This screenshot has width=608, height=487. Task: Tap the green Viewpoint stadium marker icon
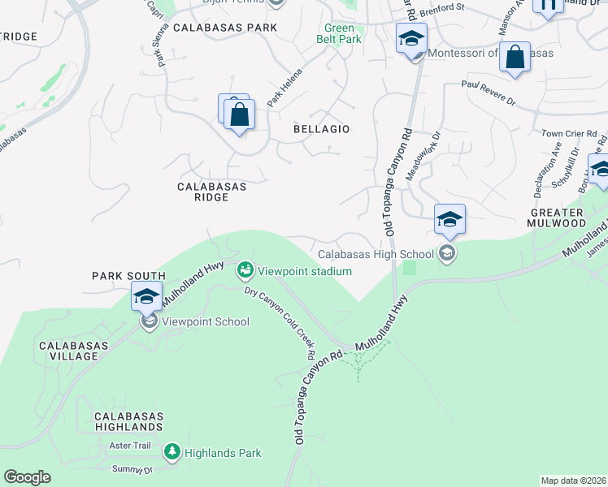pos(245,269)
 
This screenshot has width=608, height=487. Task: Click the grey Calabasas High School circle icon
pos(446,254)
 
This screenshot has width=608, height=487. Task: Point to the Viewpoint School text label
pos(204,321)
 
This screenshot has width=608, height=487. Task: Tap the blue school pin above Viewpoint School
pos(146,296)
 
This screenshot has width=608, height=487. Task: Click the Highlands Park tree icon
pos(172,451)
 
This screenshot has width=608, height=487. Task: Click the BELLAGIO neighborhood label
pos(321,129)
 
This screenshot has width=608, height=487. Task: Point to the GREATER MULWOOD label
pos(557,216)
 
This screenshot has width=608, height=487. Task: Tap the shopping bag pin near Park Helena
pos(239,115)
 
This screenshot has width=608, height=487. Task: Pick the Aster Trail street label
pos(130,446)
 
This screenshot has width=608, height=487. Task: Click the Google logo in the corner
pos(27,477)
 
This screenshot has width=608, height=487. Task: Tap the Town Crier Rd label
pos(569,133)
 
